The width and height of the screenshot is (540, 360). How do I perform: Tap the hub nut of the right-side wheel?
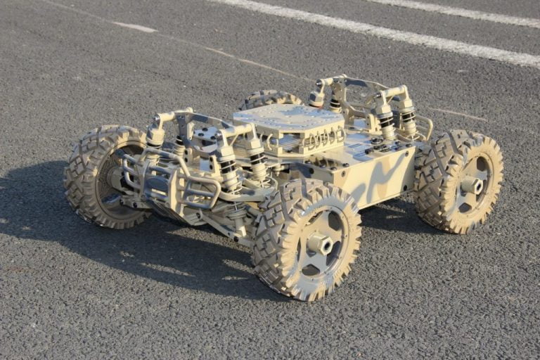pyautogui.click(x=472, y=184)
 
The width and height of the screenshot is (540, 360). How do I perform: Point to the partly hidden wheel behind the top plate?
pyautogui.click(x=267, y=99)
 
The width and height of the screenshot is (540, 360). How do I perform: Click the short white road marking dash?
pyautogui.click(x=134, y=27)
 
